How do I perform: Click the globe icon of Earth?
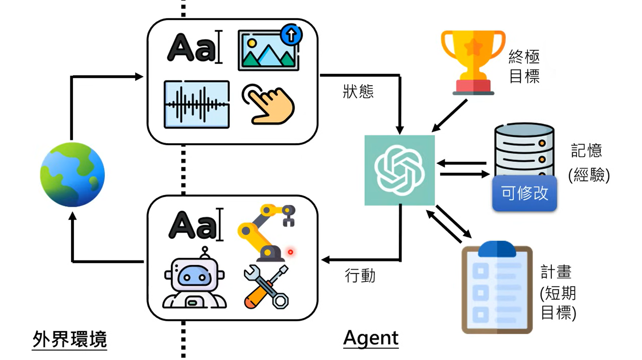72,175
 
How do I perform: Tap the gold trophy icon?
473,62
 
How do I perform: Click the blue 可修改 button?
524,193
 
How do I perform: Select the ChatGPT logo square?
399,170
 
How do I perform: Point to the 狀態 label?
358,91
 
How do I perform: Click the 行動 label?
360,276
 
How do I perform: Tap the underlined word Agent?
371,338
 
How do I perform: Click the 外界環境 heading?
70,339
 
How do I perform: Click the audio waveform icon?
197,104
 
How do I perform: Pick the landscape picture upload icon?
268,50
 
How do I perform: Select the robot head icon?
195,280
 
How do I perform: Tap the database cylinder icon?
524,150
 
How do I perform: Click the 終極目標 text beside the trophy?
524,66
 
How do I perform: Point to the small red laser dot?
290,252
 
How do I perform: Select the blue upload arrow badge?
291,35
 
